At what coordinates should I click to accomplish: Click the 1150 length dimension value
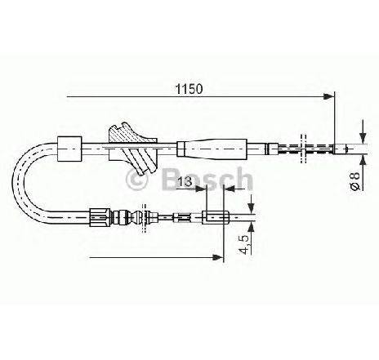pyautogui.click(x=189, y=89)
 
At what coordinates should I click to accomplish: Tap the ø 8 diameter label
pyautogui.click(x=355, y=180)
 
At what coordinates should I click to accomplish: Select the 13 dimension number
pyautogui.click(x=185, y=181)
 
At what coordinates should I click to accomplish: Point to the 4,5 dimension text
pyautogui.click(x=244, y=244)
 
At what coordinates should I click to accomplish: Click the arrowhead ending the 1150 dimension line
pyautogui.click(x=329, y=96)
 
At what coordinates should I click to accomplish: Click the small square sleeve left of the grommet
pyautogui.click(x=69, y=149)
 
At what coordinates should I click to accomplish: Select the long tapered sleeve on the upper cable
pyautogui.click(x=212, y=148)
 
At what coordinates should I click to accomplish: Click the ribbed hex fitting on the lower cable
pyautogui.click(x=100, y=217)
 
